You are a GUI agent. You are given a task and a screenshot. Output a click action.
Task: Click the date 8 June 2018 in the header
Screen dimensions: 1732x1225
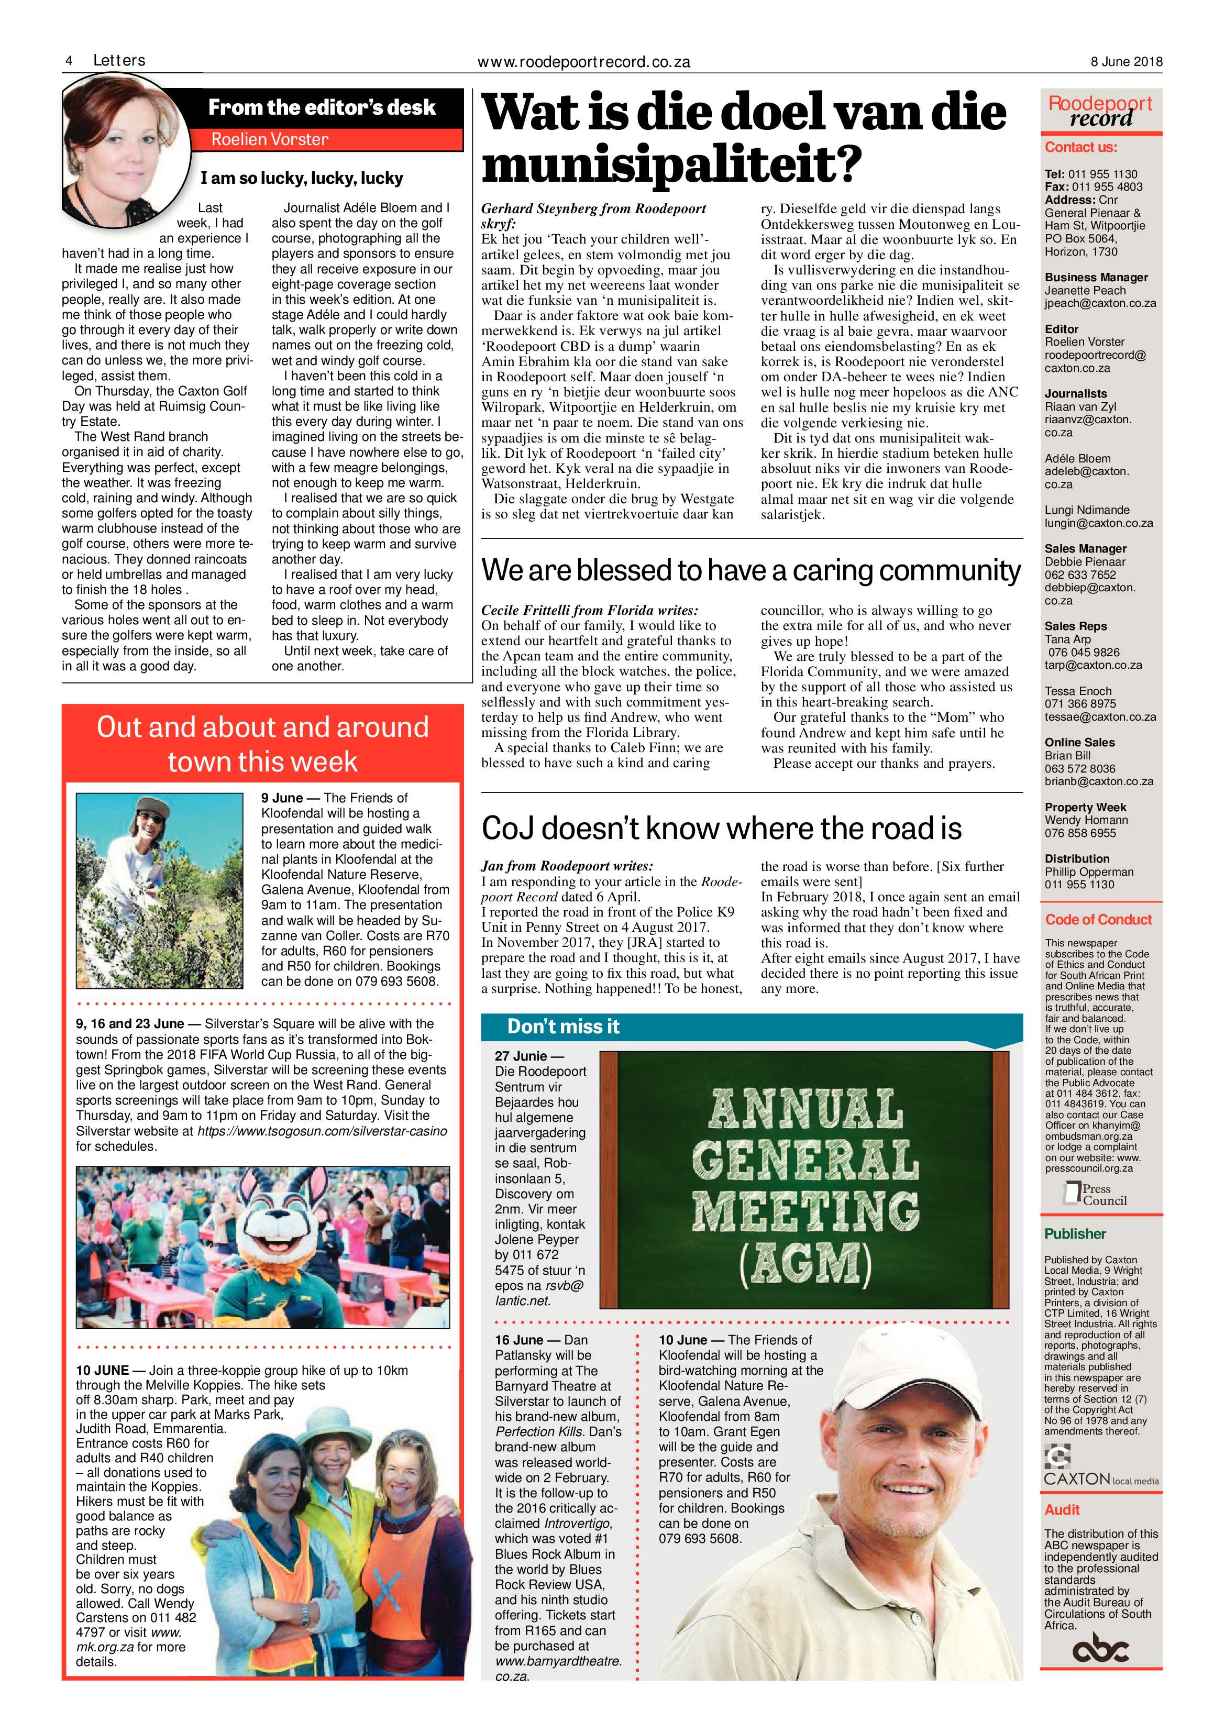point(1125,62)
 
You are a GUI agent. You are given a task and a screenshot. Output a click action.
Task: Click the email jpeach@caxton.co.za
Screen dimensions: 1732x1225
point(1100,303)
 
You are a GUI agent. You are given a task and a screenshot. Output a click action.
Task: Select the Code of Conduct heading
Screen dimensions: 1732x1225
point(1098,920)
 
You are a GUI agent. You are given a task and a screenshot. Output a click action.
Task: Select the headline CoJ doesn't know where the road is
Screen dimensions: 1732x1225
point(721,828)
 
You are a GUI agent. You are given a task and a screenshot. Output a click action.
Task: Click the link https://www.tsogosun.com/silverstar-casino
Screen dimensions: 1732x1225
point(322,1131)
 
